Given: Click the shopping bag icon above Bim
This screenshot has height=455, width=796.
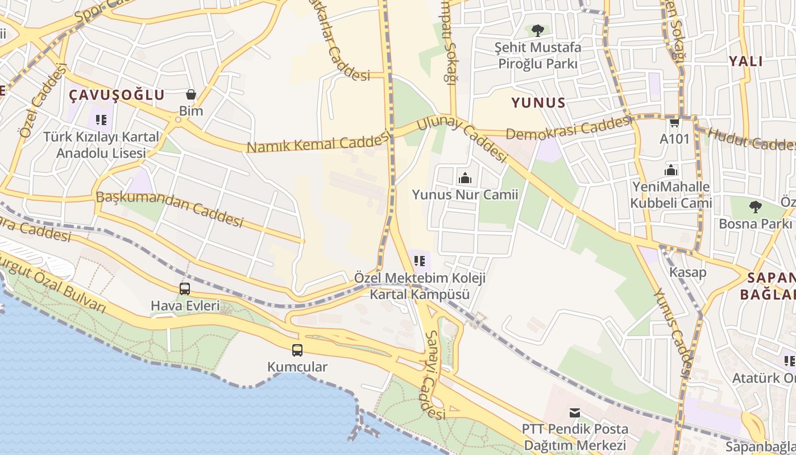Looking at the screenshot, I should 191,94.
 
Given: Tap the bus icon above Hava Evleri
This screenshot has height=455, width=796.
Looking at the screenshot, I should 185,289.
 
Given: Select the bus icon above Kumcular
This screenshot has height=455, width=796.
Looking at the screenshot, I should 297,350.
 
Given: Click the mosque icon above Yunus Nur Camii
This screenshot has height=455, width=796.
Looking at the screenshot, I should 465,178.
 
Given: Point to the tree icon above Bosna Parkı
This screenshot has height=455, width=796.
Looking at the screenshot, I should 755,206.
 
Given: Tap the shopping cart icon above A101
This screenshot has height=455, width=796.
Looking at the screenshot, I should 674,122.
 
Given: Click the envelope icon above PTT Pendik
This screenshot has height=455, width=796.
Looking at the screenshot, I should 575,412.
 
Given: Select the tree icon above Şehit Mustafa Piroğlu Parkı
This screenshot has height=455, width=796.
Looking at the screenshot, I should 537,31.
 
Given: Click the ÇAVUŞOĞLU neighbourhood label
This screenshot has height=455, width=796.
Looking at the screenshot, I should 117,95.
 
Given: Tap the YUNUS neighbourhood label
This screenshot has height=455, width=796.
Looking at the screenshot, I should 538,103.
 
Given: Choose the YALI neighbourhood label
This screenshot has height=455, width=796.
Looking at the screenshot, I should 745,61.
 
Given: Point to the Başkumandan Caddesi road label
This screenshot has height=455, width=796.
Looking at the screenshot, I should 170,208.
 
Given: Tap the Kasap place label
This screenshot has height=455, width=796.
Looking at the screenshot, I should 687,272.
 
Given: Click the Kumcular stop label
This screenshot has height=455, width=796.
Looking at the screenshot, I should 297,367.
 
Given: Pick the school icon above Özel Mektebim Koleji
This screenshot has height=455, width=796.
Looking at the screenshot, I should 420,261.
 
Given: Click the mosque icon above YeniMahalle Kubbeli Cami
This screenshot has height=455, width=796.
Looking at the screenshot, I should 671,170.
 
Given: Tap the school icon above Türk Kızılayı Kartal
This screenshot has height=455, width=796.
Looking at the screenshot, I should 101,120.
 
